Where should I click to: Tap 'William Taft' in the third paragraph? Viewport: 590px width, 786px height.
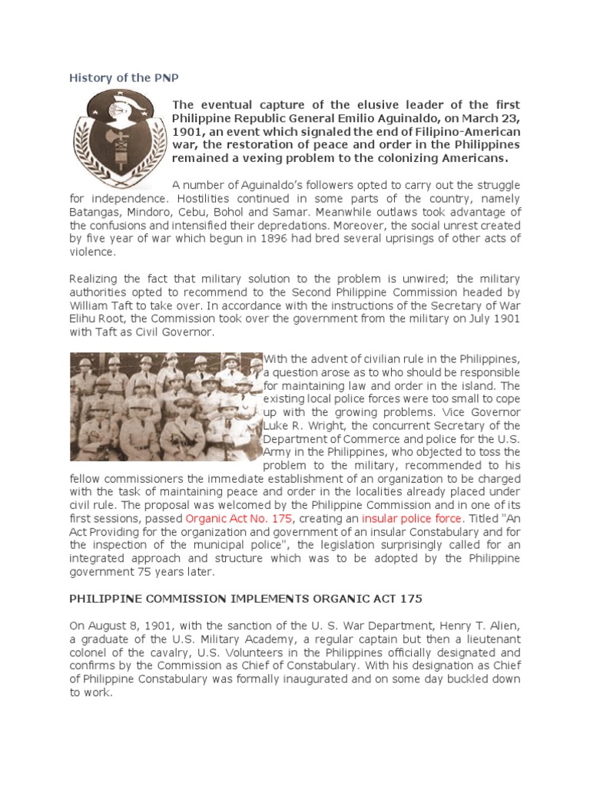(102, 305)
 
